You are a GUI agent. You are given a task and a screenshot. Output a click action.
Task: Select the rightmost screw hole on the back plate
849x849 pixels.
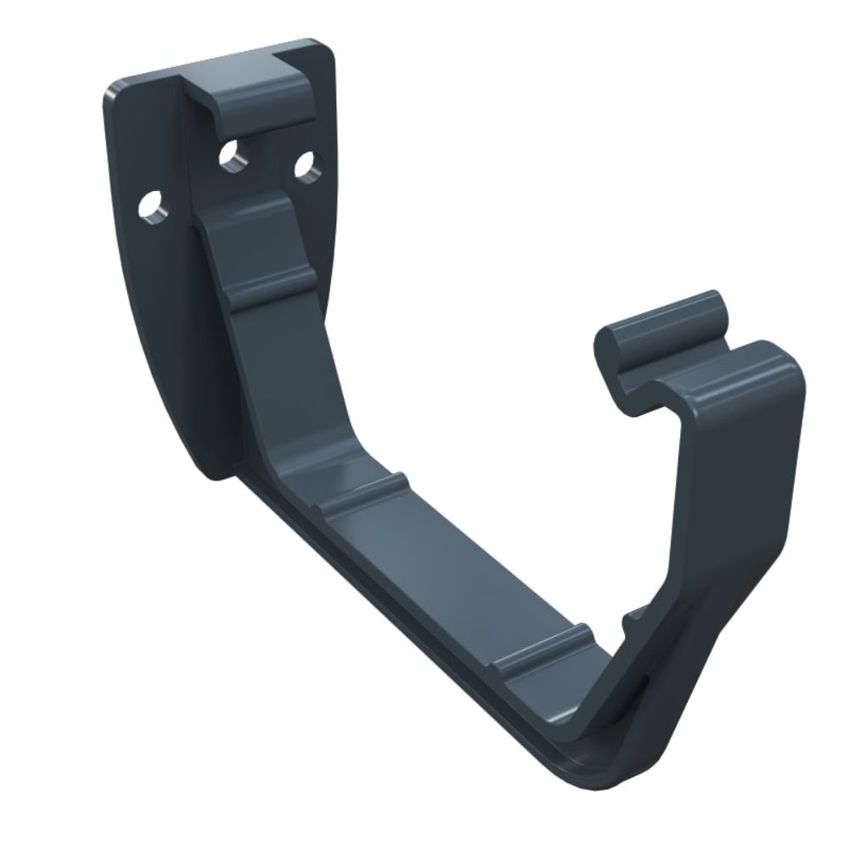[307, 164]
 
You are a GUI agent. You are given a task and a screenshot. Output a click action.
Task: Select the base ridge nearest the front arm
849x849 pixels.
[543, 649]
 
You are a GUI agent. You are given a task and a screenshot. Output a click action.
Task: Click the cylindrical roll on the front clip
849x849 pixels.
[671, 327]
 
